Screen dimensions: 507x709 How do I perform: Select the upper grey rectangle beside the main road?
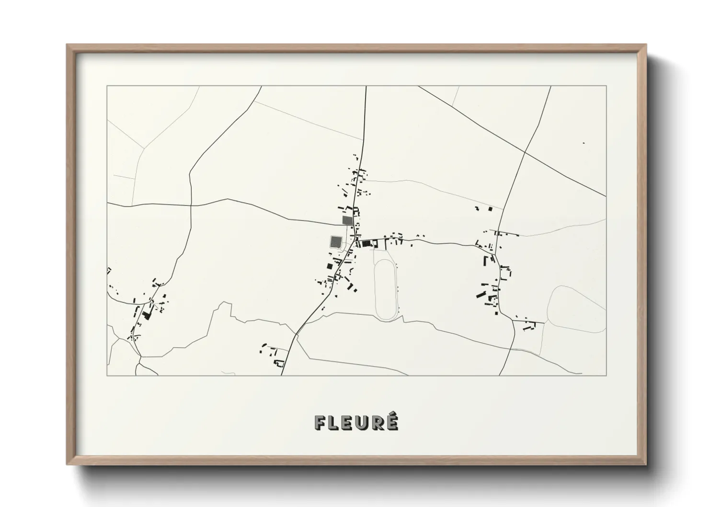pyautogui.click(x=347, y=220)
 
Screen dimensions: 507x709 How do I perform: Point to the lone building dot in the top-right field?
pyautogui.click(x=583, y=143)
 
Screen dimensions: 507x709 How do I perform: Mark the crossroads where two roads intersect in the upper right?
pyautogui.click(x=525, y=152)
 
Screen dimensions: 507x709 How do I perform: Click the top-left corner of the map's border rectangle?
pyautogui.click(x=107, y=86)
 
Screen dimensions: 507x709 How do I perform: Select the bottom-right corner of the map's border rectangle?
pyautogui.click(x=606, y=375)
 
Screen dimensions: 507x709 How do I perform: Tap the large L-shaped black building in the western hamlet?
pyautogui.click(x=146, y=315)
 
